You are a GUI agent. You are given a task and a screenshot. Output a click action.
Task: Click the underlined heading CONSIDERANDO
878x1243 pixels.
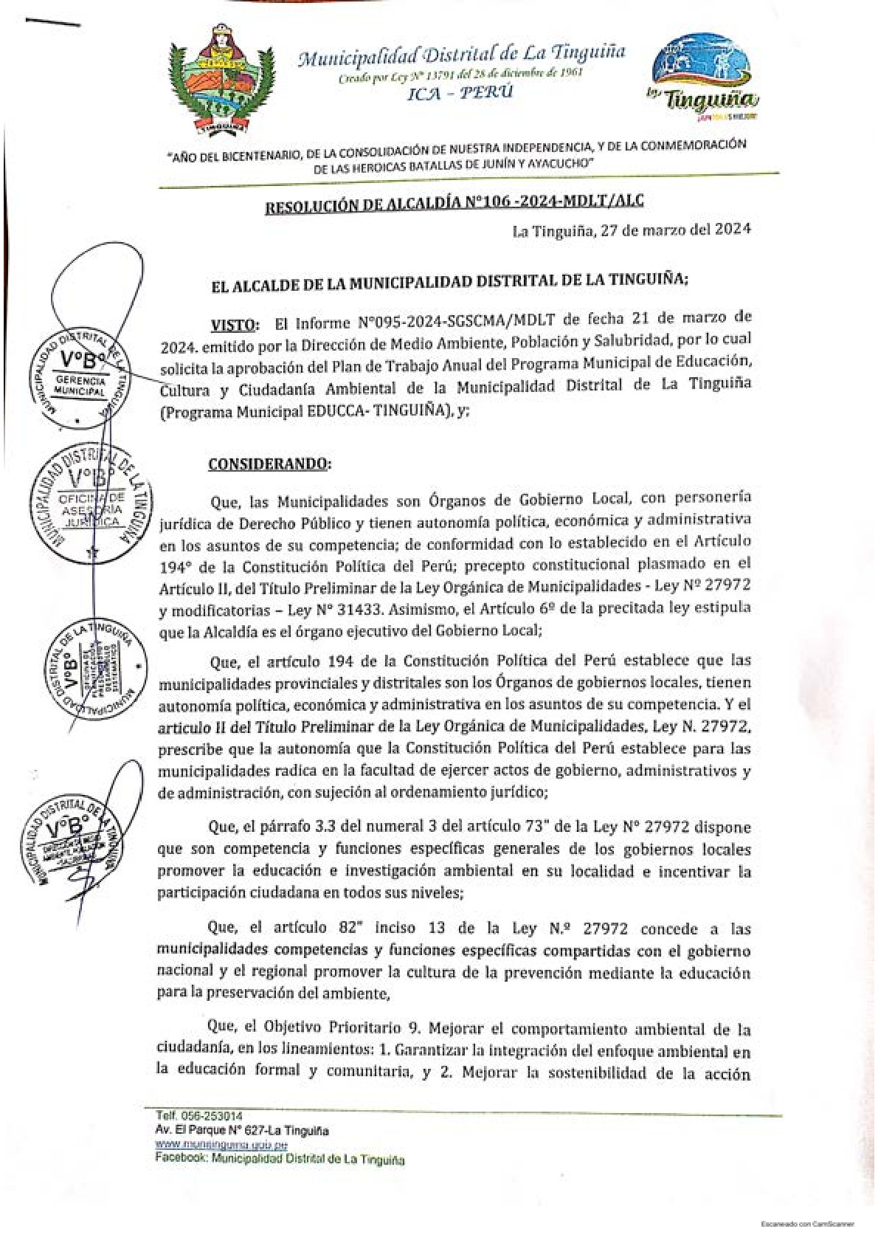[270, 464]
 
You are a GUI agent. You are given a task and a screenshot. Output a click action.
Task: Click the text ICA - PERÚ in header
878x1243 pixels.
[460, 92]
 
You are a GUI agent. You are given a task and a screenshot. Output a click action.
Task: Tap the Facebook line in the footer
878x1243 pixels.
[280, 1160]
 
